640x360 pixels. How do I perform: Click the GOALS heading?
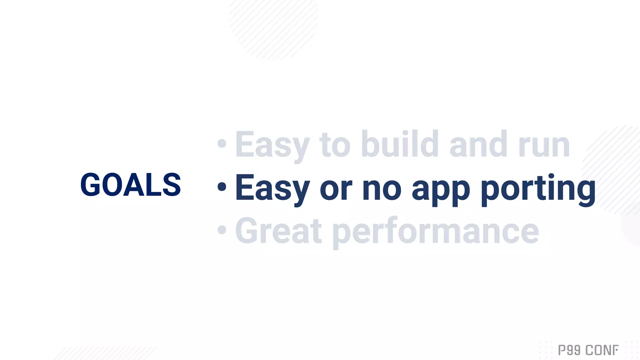pyautogui.click(x=131, y=185)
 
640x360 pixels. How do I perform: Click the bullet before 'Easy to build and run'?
pyautogui.click(x=222, y=143)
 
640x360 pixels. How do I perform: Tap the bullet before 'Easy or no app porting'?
pyautogui.click(x=222, y=187)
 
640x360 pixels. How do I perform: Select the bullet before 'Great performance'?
pyautogui.click(x=222, y=230)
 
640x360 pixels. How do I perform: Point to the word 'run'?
pyautogui.click(x=544, y=145)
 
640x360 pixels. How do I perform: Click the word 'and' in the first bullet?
pyautogui.click(x=478, y=144)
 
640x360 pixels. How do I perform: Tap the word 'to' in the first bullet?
pyautogui.click(x=335, y=145)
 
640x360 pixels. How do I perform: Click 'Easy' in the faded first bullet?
pyautogui.click(x=272, y=145)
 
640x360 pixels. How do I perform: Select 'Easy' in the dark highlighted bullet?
pyautogui.click(x=272, y=188)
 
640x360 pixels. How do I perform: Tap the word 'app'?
pyautogui.click(x=441, y=190)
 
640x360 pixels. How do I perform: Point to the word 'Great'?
pyautogui.click(x=278, y=231)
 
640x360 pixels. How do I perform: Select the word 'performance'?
pyautogui.click(x=436, y=232)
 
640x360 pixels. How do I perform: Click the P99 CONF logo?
pyautogui.click(x=588, y=350)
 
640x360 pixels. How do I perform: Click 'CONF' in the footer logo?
pyautogui.click(x=602, y=350)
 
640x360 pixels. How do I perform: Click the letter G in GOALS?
pyautogui.click(x=91, y=185)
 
